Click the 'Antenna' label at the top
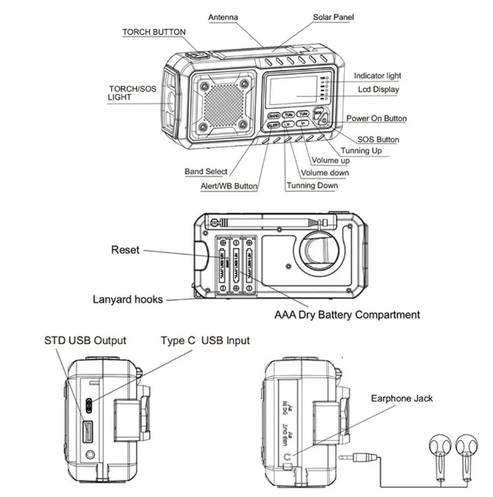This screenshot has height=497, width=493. click(x=223, y=16)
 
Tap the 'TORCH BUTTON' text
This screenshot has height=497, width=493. click(x=154, y=33)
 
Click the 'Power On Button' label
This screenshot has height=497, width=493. click(x=377, y=119)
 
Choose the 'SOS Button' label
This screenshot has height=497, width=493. click(x=378, y=139)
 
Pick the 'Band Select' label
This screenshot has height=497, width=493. click(x=206, y=172)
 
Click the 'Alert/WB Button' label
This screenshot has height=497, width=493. click(x=229, y=186)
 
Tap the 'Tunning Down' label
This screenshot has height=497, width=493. click(x=312, y=185)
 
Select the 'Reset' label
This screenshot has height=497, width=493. click(x=125, y=250)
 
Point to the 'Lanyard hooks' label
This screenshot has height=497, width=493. click(x=128, y=300)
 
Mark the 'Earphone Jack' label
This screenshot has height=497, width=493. click(x=403, y=398)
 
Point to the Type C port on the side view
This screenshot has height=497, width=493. click(x=88, y=405)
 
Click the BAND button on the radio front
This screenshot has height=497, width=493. click(x=274, y=116)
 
